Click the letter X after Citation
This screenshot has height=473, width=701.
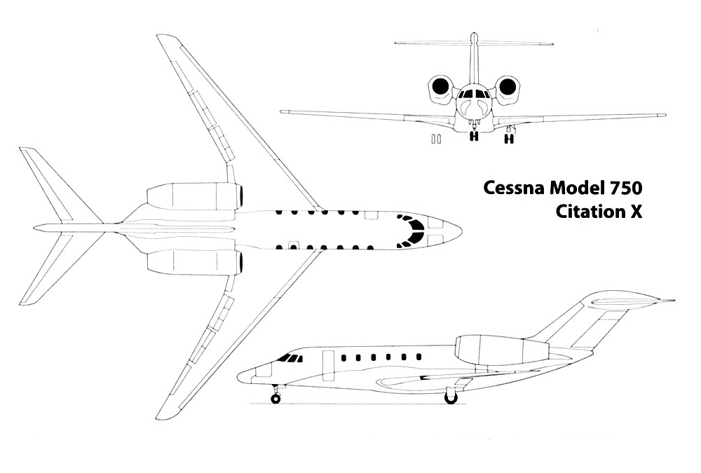click(x=635, y=211)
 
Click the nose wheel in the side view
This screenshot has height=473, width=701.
click(x=275, y=399)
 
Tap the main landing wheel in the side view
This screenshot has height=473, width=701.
click(x=451, y=398)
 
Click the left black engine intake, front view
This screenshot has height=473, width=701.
click(x=440, y=86)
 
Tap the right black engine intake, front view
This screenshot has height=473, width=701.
click(x=508, y=86)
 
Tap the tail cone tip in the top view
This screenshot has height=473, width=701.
click(x=35, y=226)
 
